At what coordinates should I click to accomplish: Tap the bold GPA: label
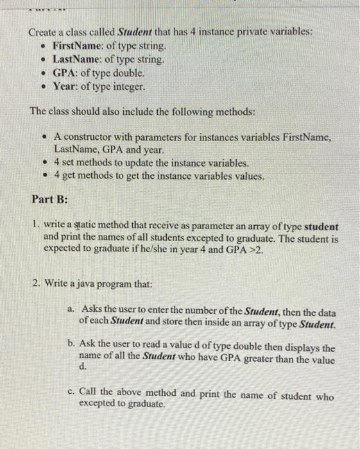[x=65, y=72]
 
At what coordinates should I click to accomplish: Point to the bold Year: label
[x=66, y=86]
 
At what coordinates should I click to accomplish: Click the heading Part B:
[x=49, y=199]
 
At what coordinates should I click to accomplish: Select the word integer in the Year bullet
[x=128, y=86]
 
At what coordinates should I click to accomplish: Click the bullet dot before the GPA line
[x=43, y=73]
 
